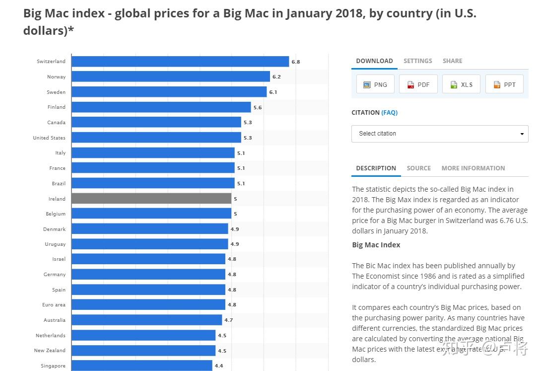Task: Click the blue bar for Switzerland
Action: [x=180, y=62]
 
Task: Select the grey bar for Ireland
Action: [x=151, y=199]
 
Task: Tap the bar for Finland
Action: [x=161, y=107]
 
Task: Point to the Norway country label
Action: [x=56, y=77]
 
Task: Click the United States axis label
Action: [x=49, y=138]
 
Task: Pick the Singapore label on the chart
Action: [x=53, y=366]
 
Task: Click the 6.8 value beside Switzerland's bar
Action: [x=296, y=62]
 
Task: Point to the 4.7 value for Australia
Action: [x=228, y=320]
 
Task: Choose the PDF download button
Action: [x=418, y=84]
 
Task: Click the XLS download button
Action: [x=462, y=84]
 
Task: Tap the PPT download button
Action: [x=504, y=84]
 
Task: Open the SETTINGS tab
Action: [x=417, y=61]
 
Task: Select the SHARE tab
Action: [x=452, y=61]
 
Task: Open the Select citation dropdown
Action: [x=440, y=134]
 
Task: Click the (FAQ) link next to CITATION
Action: [x=389, y=113]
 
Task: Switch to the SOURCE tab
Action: [x=418, y=168]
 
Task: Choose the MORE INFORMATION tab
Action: [x=473, y=168]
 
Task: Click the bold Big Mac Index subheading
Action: [x=376, y=245]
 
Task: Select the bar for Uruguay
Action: [x=149, y=244]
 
